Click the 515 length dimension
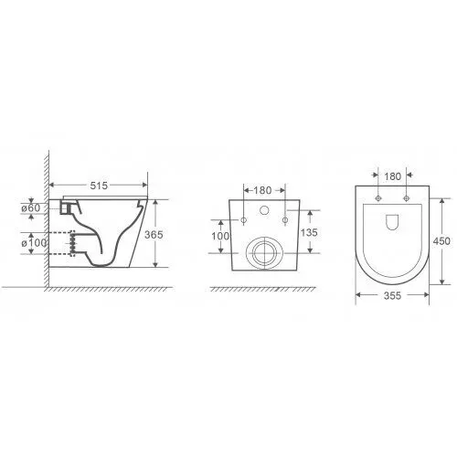[x=99, y=186]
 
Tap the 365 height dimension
[x=154, y=235]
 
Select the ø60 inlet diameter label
[x=31, y=208]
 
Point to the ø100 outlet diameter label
[x=34, y=243]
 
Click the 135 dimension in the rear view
[x=309, y=232]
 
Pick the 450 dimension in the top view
[x=441, y=241]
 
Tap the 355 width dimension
[x=392, y=295]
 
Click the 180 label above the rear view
[x=262, y=190]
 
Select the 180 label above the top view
[x=393, y=176]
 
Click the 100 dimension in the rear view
[x=220, y=236]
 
